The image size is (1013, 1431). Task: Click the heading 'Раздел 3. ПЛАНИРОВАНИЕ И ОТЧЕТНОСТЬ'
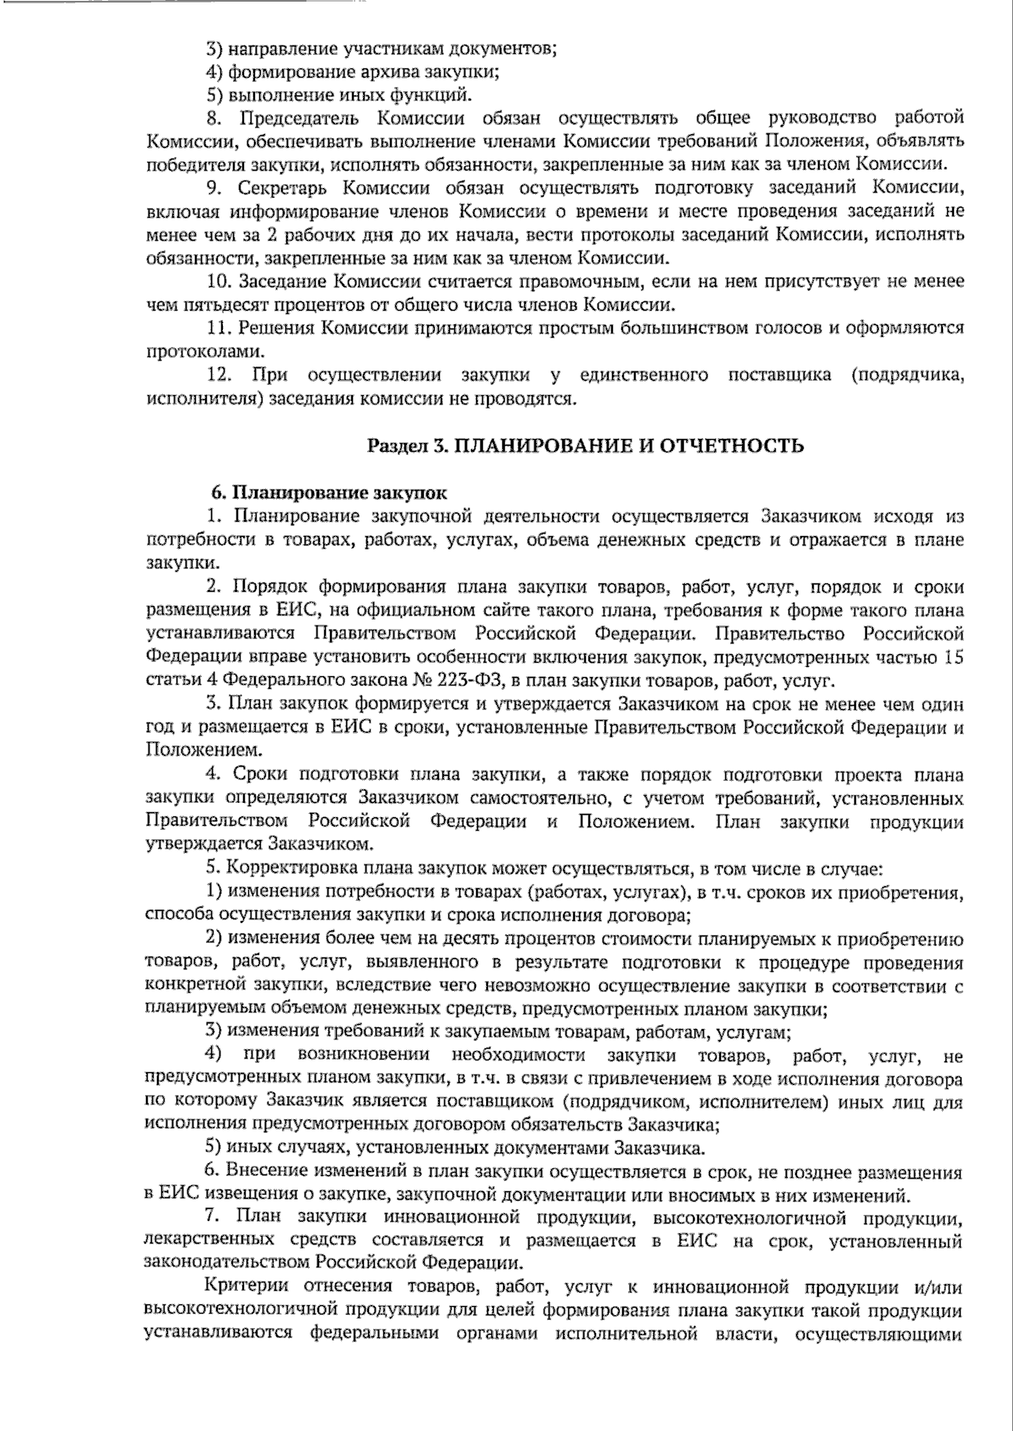pyautogui.click(x=585, y=446)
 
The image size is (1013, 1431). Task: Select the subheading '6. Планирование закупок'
pyautogui.click(x=328, y=491)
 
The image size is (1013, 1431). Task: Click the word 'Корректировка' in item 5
pyautogui.click(x=291, y=867)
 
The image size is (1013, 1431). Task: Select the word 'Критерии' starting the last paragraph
pyautogui.click(x=244, y=1287)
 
